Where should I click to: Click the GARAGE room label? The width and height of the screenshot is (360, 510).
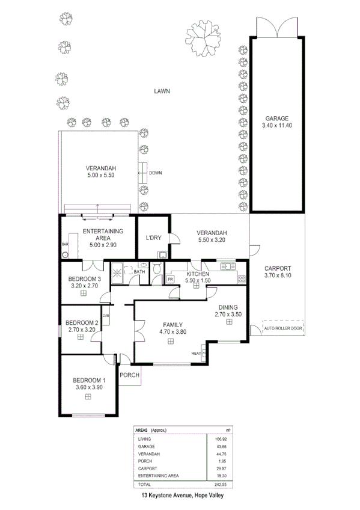pos(276,118)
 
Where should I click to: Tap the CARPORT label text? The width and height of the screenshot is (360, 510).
pos(277,268)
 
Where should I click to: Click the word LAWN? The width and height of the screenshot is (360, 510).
pos(162,91)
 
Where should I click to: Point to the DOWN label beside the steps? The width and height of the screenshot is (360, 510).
pos(156,173)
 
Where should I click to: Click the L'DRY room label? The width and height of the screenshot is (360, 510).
pos(153,238)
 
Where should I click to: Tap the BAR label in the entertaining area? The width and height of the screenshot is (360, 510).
pos(64,245)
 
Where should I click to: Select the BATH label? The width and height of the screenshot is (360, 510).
pos(139,272)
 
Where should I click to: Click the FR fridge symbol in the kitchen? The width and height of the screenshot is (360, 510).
pos(170,280)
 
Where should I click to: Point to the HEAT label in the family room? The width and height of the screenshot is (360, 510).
pos(197,353)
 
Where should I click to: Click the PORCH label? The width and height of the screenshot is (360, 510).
pos(130,375)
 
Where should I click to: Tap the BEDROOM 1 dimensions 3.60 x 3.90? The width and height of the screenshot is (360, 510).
pos(89,387)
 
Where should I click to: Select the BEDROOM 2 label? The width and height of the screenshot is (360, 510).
pos(81,322)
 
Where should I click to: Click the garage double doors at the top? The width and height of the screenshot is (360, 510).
pos(276,27)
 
